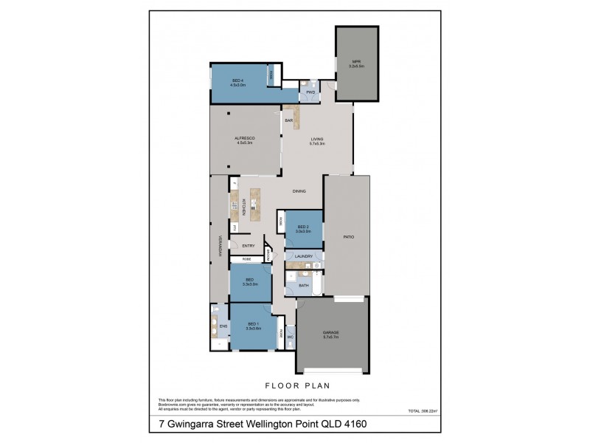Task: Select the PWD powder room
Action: (310, 92)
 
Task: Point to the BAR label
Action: (289, 120)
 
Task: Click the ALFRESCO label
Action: (244, 140)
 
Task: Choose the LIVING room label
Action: (317, 140)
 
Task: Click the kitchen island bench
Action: (255, 203)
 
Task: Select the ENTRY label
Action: (248, 246)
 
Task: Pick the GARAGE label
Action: (331, 334)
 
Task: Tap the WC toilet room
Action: (291, 337)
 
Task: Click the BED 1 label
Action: (253, 326)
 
